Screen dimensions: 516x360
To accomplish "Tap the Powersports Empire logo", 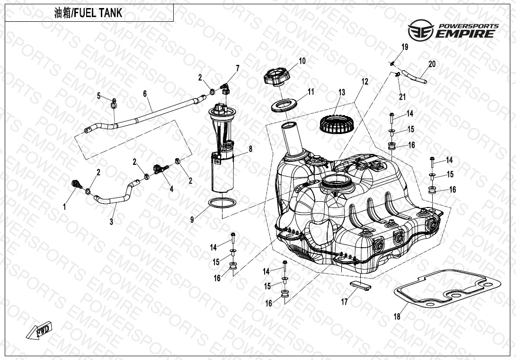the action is (x=453, y=30).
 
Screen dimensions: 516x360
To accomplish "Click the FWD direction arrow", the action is (x=39, y=330).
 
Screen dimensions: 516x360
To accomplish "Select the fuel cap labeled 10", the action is (x=277, y=77).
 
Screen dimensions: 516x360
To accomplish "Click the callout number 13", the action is (x=342, y=92).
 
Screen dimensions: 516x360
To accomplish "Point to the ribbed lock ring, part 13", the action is (x=337, y=124).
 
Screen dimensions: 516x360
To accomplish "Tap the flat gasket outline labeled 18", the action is (x=447, y=288).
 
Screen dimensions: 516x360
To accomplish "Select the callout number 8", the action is (x=250, y=149).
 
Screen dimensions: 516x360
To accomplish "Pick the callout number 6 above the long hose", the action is (x=145, y=94).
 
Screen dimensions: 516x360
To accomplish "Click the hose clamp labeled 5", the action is (x=114, y=103).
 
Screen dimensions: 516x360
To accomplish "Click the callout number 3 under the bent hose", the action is (x=112, y=222).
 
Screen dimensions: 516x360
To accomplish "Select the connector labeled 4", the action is (x=160, y=169).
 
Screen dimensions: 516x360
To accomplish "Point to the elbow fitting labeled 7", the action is (x=226, y=89).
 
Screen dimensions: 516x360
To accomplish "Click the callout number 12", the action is (x=365, y=81).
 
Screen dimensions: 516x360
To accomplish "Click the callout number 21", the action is (x=402, y=97).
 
